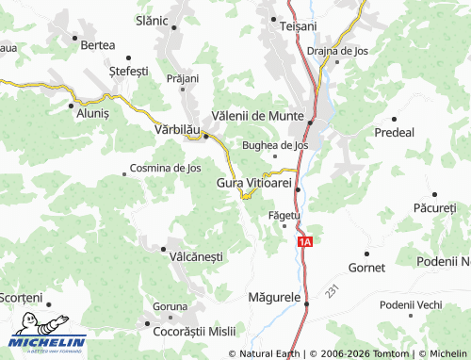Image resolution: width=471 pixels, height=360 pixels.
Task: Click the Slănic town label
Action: pyautogui.click(x=152, y=20)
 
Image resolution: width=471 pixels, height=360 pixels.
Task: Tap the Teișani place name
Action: pyautogui.click(x=299, y=26)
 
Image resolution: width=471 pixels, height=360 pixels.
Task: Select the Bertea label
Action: pyautogui.click(x=98, y=44)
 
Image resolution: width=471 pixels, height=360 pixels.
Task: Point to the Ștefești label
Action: pyautogui.click(x=129, y=71)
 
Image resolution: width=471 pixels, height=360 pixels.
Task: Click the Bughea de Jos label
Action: pyautogui.click(x=275, y=145)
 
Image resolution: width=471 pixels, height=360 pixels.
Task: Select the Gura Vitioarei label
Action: pyautogui.click(x=254, y=182)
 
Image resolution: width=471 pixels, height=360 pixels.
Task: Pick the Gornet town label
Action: pyautogui.click(x=366, y=269)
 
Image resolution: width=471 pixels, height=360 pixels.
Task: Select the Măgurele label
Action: pyautogui.click(x=273, y=297)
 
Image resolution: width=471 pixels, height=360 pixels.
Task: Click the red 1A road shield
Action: pyautogui.click(x=303, y=243)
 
